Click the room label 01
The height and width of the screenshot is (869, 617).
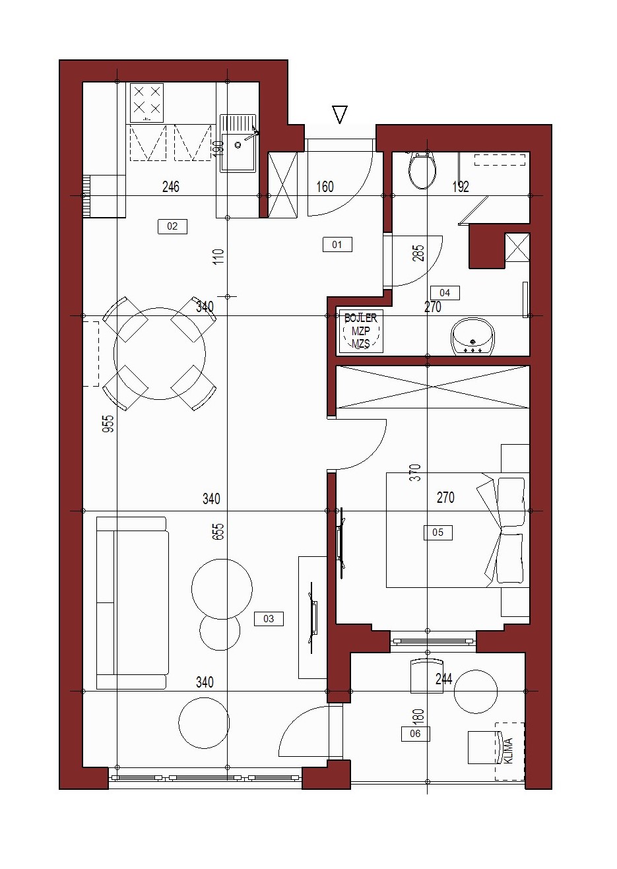tap(337, 245)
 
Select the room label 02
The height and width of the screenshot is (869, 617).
tap(172, 226)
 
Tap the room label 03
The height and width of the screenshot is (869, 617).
tap(269, 619)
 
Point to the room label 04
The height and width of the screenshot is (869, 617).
tap(445, 293)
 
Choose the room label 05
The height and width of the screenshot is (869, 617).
tap(438, 532)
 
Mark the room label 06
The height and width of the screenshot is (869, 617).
tap(415, 734)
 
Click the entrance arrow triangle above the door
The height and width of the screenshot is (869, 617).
tap(340, 114)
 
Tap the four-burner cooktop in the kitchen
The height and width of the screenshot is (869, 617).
tap(146, 103)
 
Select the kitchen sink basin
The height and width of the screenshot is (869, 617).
tap(238, 143)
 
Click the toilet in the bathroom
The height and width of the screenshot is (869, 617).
tap(422, 171)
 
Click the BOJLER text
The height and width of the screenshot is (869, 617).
tap(360, 318)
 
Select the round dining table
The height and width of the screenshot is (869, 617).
tap(160, 354)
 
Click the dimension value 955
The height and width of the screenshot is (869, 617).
tap(109, 424)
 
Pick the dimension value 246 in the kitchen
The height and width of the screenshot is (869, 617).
tap(171, 187)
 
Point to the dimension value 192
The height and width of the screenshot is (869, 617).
tap(461, 187)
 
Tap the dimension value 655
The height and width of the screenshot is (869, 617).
tap(218, 531)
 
